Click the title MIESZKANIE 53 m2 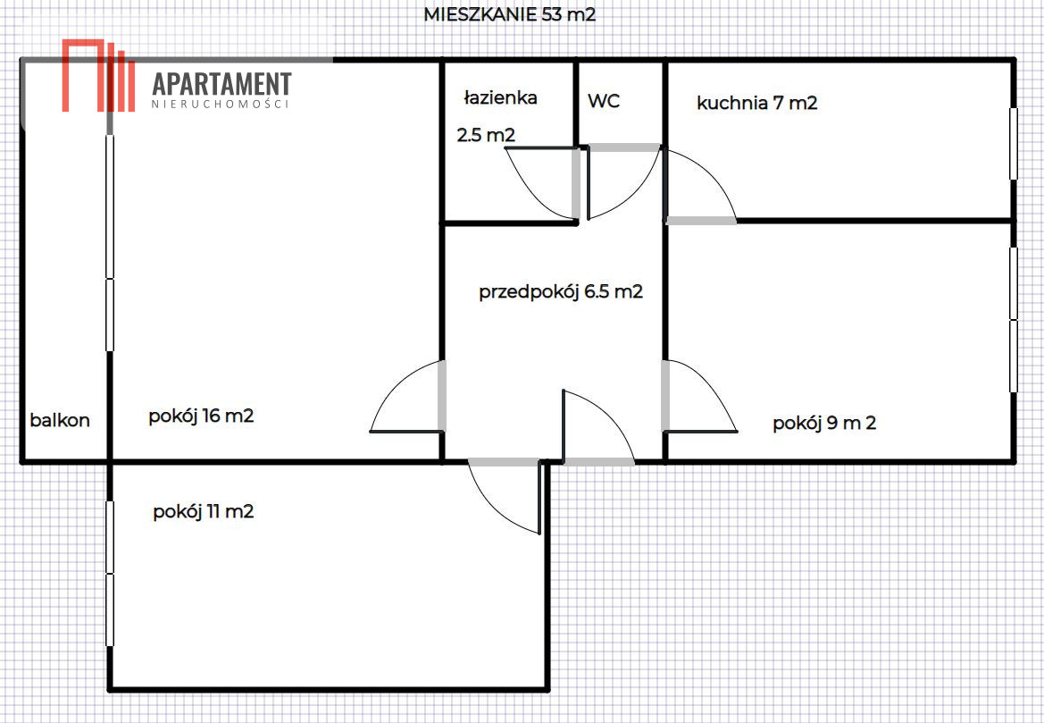click(x=509, y=14)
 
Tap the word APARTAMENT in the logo click(x=221, y=84)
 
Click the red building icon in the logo click(x=98, y=75)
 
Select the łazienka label click(x=500, y=98)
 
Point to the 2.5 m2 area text click(x=486, y=135)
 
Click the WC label click(x=604, y=101)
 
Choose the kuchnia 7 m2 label click(x=757, y=104)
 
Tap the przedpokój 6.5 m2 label click(x=561, y=292)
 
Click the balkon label click(x=60, y=420)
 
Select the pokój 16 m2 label click(x=201, y=416)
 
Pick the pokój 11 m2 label click(x=203, y=512)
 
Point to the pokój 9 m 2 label click(x=824, y=423)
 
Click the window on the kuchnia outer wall click(x=1014, y=144)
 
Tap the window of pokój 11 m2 click(x=110, y=573)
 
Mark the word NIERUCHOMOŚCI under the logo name click(x=221, y=105)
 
